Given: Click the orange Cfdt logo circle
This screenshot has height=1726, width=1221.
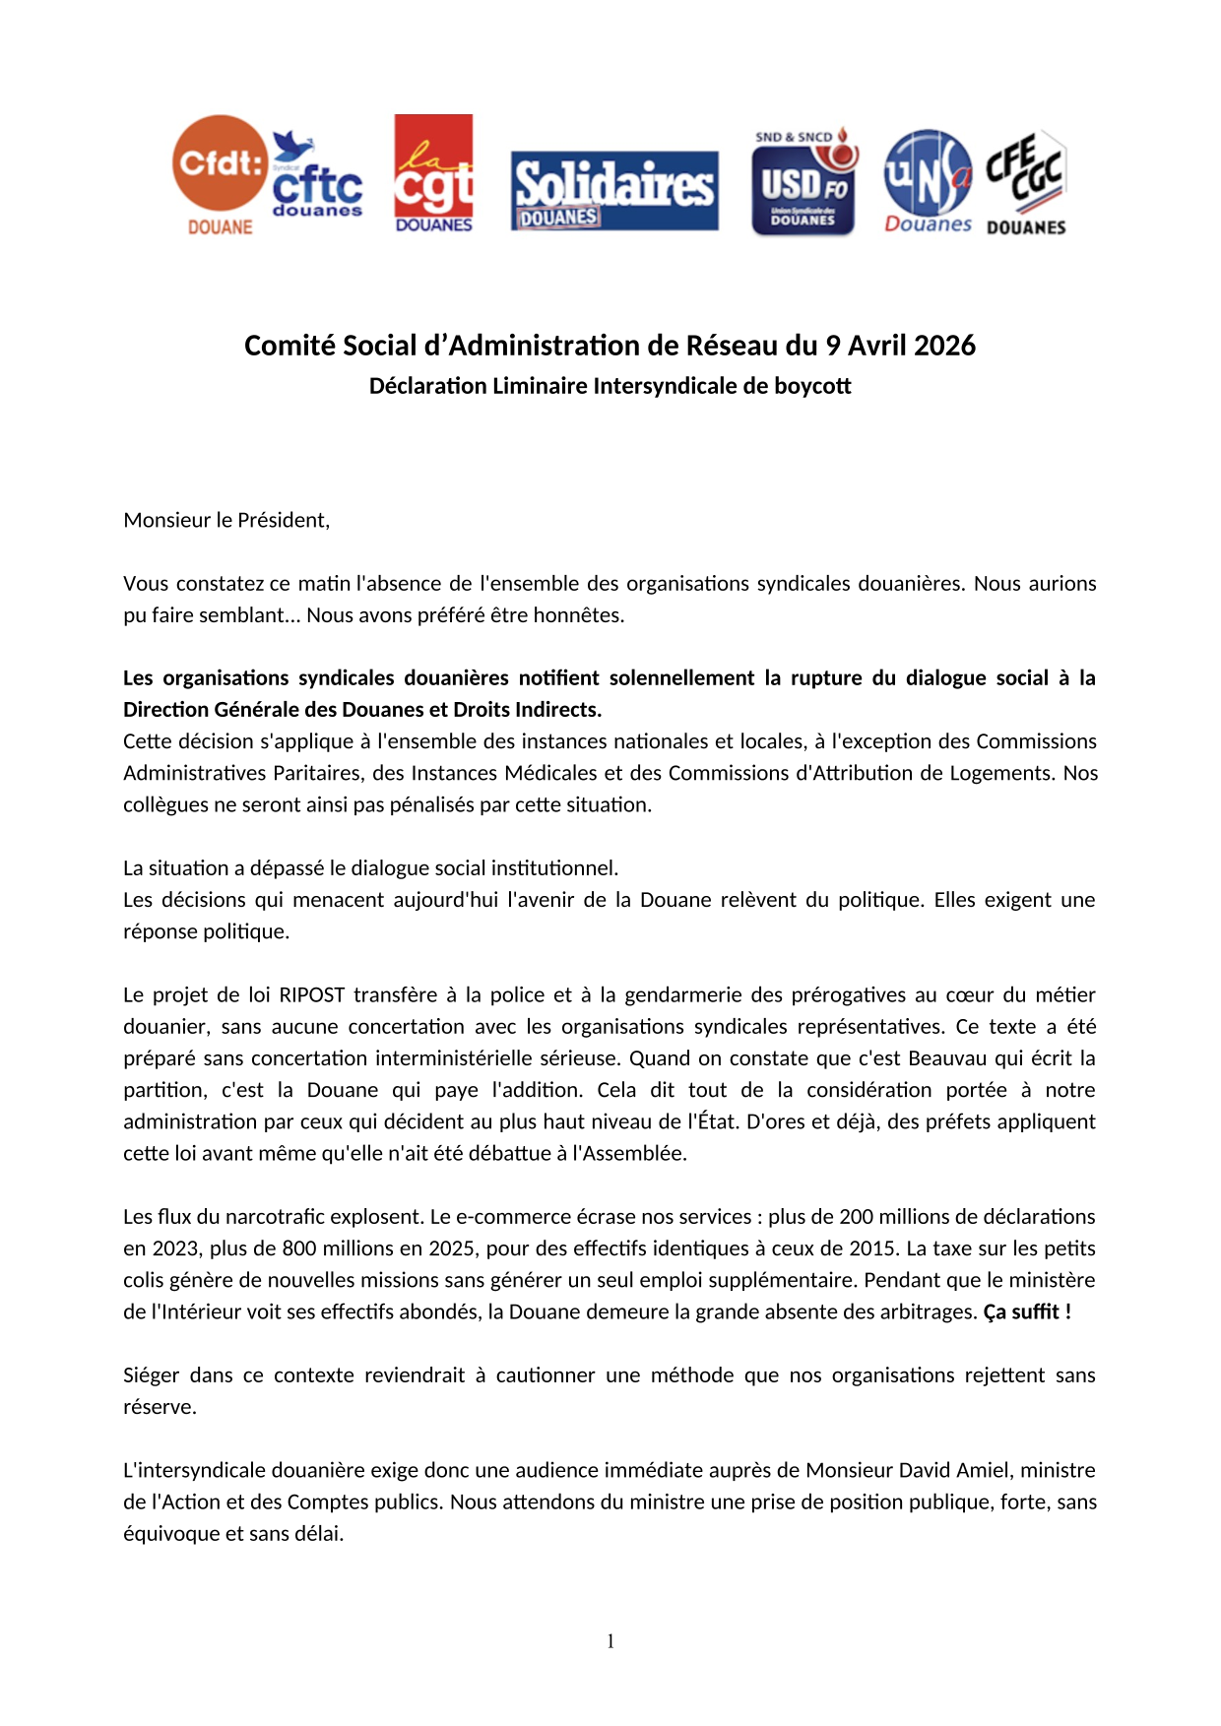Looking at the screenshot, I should click(x=220, y=163).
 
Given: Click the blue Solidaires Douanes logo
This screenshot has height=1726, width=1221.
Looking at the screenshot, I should click(x=614, y=191).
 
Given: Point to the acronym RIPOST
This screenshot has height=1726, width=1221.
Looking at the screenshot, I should click(x=312, y=994).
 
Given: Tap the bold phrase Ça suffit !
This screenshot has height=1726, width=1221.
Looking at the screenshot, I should click(x=1027, y=1311).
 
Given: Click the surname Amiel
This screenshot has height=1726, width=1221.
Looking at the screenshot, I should click(x=984, y=1470).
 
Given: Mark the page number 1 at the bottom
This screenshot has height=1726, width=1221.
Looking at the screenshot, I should click(x=610, y=1641).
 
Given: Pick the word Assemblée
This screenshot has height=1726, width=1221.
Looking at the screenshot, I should click(x=634, y=1153).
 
